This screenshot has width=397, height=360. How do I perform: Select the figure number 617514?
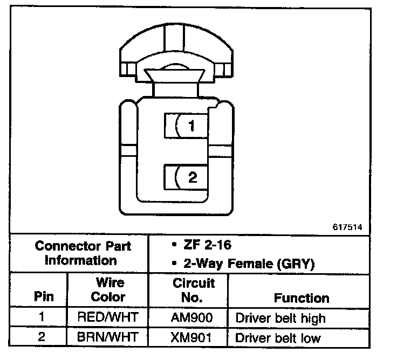click(x=347, y=227)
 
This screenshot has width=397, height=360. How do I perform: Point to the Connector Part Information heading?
click(x=83, y=253)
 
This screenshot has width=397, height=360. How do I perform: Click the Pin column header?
click(x=43, y=297)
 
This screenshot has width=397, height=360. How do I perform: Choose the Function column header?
click(x=301, y=297)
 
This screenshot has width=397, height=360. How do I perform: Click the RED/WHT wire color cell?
click(x=108, y=317)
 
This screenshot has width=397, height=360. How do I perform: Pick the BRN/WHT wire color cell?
click(x=108, y=337)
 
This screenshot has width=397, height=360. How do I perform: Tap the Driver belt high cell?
click(x=280, y=318)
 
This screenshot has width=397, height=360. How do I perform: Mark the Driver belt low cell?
click(x=278, y=338)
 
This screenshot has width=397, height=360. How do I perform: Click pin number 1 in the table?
click(x=42, y=317)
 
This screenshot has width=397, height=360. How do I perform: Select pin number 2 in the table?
click(x=42, y=337)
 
